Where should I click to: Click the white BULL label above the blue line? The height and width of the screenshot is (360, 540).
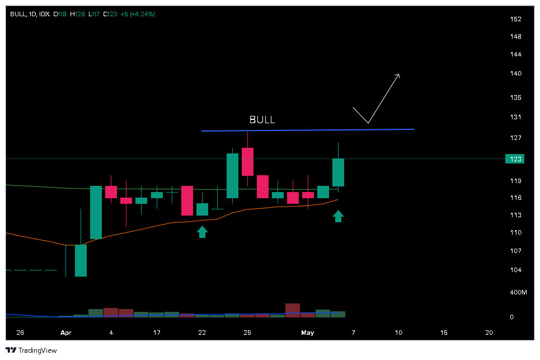point(262,120)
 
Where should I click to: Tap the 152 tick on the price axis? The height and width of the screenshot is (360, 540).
point(515,19)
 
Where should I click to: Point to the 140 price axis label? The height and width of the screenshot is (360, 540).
point(515,73)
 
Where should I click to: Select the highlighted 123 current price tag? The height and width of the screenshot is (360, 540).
point(515,159)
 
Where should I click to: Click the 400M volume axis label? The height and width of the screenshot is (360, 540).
point(518,293)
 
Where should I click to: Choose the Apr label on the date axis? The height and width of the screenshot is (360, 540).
point(66,333)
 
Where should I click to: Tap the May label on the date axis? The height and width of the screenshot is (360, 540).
point(307,333)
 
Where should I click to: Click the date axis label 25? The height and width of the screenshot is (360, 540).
point(247,333)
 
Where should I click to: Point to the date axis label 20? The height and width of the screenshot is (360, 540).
point(489,333)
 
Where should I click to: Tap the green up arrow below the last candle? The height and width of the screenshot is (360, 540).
point(338,216)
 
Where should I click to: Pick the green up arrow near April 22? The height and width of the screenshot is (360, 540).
point(202,231)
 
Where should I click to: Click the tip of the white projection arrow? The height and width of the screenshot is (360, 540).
point(398,74)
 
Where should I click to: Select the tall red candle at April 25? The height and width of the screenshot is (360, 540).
point(247,162)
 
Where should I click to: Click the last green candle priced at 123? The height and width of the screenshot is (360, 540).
point(338,172)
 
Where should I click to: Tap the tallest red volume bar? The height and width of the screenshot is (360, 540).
point(293,310)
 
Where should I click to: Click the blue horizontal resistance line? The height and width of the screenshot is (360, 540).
point(308,130)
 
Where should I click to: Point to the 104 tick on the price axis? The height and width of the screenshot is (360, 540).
point(515,270)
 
